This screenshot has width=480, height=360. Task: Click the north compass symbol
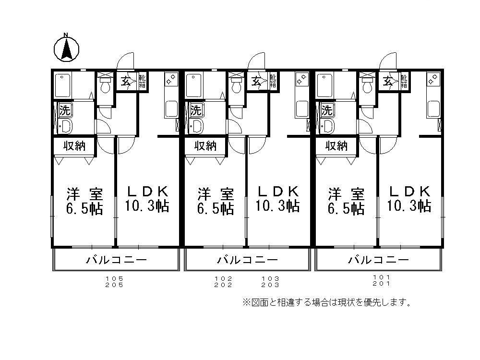coord(66,48)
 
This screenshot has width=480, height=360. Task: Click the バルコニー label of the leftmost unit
coord(116,261)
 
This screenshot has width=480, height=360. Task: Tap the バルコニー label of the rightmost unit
coord(378,261)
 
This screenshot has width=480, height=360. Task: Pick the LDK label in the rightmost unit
coord(408,191)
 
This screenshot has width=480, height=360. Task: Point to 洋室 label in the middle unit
coord(216,194)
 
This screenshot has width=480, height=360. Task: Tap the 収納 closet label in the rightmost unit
coord(336,146)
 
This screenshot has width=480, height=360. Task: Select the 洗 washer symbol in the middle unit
coord(195,110)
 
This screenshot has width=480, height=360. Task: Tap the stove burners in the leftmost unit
coord(170,80)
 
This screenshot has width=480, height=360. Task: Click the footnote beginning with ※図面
coord(326,302)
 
